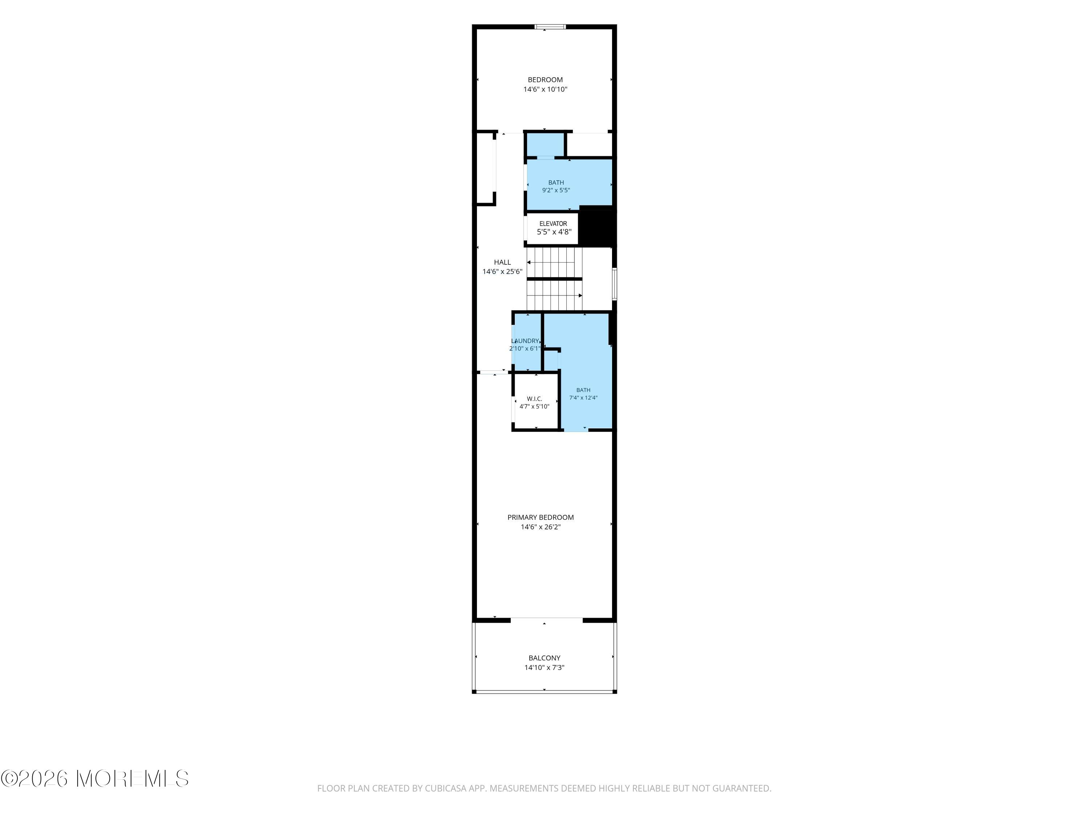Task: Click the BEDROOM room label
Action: pyautogui.click(x=545, y=80)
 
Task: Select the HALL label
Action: pyautogui.click(x=502, y=262)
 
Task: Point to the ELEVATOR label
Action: pyautogui.click(x=553, y=224)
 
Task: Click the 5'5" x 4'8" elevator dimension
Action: pyautogui.click(x=554, y=232)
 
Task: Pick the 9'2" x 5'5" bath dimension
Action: pyautogui.click(x=556, y=190)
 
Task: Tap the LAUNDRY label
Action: pyautogui.click(x=525, y=341)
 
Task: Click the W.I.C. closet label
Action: pyautogui.click(x=534, y=399)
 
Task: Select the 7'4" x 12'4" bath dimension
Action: pyautogui.click(x=583, y=398)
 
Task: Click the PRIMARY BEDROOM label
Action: pyautogui.click(x=541, y=518)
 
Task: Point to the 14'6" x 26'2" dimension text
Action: pyautogui.click(x=541, y=527)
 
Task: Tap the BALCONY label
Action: pyautogui.click(x=544, y=658)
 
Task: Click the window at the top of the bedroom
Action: pyautogui.click(x=550, y=26)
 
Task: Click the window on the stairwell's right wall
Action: pyautogui.click(x=615, y=284)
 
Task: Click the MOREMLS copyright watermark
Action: pyautogui.click(x=94, y=779)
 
